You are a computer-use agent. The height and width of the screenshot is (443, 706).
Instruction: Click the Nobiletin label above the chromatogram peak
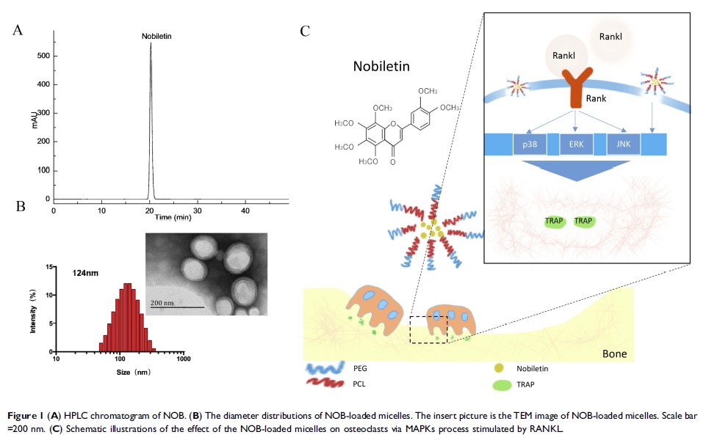pyautogui.click(x=156, y=35)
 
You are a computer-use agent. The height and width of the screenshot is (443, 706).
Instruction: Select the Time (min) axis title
pyautogui.click(x=173, y=218)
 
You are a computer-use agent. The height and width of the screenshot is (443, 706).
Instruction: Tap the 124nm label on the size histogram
pyautogui.click(x=82, y=273)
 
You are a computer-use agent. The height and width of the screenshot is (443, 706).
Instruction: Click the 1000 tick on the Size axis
pyautogui.click(x=183, y=359)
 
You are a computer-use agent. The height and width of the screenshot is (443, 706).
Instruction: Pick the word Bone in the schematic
pyautogui.click(x=614, y=354)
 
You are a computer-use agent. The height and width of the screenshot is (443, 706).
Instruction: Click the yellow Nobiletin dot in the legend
pyautogui.click(x=500, y=368)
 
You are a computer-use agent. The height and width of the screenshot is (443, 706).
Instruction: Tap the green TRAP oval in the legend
pyautogui.click(x=501, y=383)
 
